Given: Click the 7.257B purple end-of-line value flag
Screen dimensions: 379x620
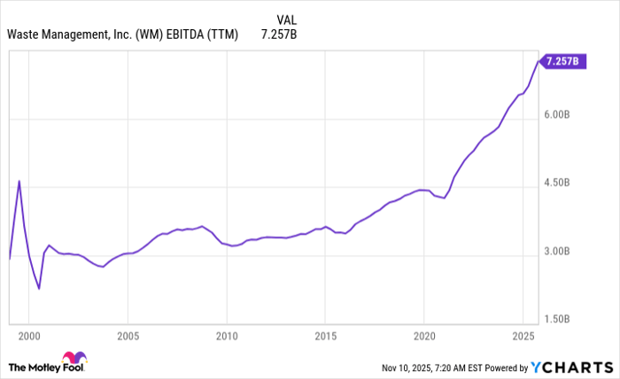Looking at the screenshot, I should pos(562,61).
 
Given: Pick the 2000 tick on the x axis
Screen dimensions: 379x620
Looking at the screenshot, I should pos(29,336).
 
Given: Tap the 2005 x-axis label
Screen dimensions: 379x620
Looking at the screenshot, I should pos(128,336).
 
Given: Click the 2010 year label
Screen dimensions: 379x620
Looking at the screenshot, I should pos(227,336).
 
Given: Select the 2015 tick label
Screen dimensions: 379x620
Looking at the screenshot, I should pos(325,336).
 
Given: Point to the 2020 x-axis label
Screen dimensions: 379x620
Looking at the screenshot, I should pos(424,336).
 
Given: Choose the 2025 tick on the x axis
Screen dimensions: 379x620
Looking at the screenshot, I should pos(523,336).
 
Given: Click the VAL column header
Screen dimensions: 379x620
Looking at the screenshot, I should pos(286,19).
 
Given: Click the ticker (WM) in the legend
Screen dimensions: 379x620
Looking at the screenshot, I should pos(150,35).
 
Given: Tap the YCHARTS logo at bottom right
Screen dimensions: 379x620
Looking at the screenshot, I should pos(570,367).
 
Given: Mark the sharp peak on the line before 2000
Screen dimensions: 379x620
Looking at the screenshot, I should pos(19,181).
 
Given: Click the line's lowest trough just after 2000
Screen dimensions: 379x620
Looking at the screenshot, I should pos(39,288).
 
